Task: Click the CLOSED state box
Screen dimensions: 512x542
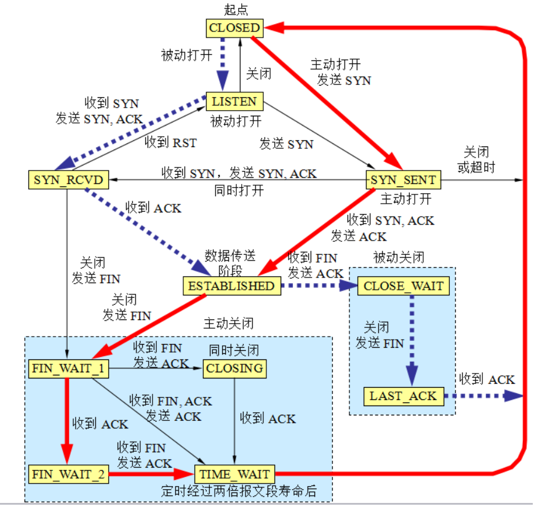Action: coord(234,28)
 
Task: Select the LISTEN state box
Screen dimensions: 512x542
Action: coord(234,101)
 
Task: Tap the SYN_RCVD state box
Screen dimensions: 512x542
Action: coord(68,180)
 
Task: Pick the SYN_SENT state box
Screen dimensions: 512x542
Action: coord(403,180)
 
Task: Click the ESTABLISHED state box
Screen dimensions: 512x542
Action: coord(231,286)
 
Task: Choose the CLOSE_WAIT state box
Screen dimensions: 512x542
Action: coord(403,286)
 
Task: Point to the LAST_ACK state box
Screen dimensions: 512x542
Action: coord(403,396)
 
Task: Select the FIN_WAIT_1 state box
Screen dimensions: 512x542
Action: coord(68,369)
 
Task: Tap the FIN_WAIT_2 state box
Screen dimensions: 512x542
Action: coord(68,474)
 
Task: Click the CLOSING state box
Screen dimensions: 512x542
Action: coord(234,369)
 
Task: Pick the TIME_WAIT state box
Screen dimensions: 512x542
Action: coord(234,474)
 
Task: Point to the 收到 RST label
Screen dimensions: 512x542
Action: coord(170,143)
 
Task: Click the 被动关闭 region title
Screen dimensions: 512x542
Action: coord(399,257)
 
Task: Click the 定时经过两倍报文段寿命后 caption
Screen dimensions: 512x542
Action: coord(239,491)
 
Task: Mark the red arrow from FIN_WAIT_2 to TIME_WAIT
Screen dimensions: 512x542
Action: coord(151,474)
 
